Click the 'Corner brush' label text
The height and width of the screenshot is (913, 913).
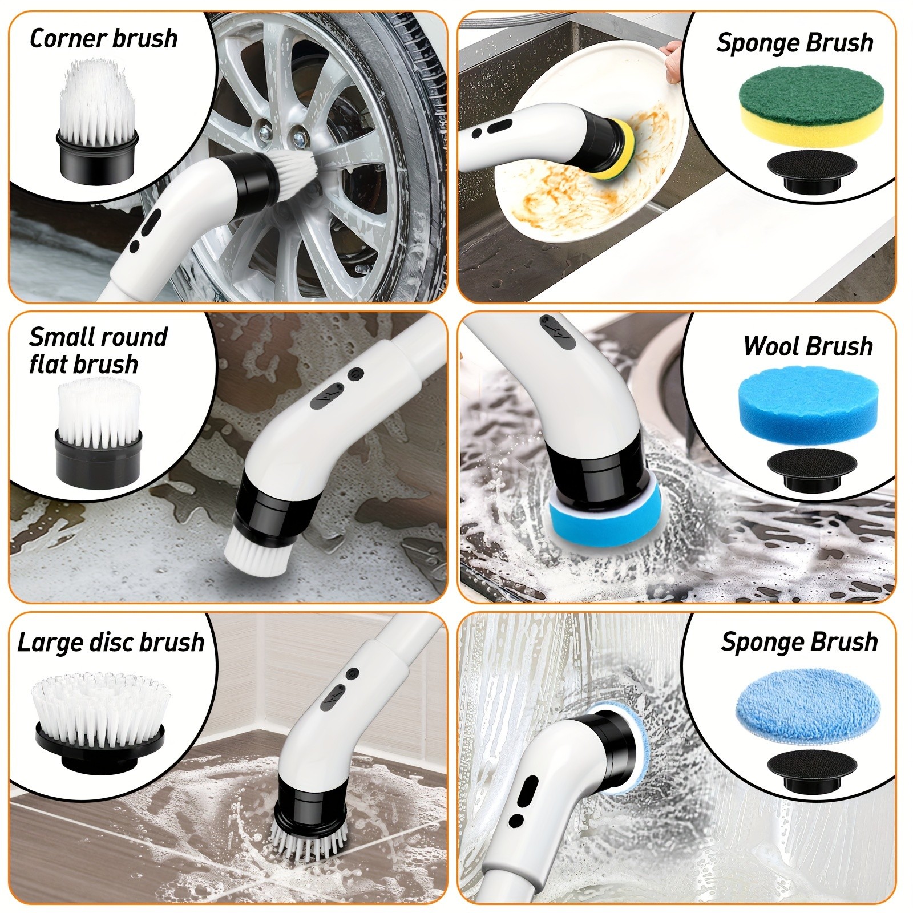click(x=103, y=39)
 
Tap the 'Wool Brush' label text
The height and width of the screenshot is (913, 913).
click(x=807, y=346)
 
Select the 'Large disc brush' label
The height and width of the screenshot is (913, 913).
click(x=111, y=642)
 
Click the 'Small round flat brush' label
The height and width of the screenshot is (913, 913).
click(x=98, y=350)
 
